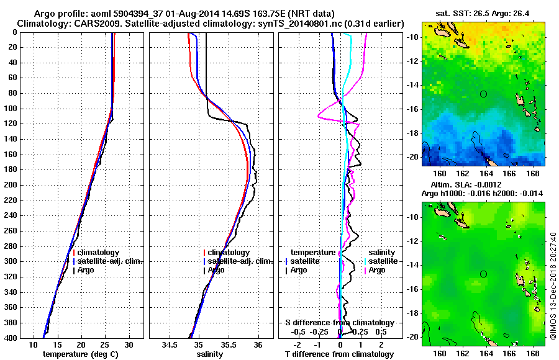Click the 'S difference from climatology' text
[340, 323]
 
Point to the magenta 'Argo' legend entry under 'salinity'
[378, 270]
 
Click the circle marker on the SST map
[484, 94]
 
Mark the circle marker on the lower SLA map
[484, 274]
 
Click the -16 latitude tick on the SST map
[412, 109]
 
